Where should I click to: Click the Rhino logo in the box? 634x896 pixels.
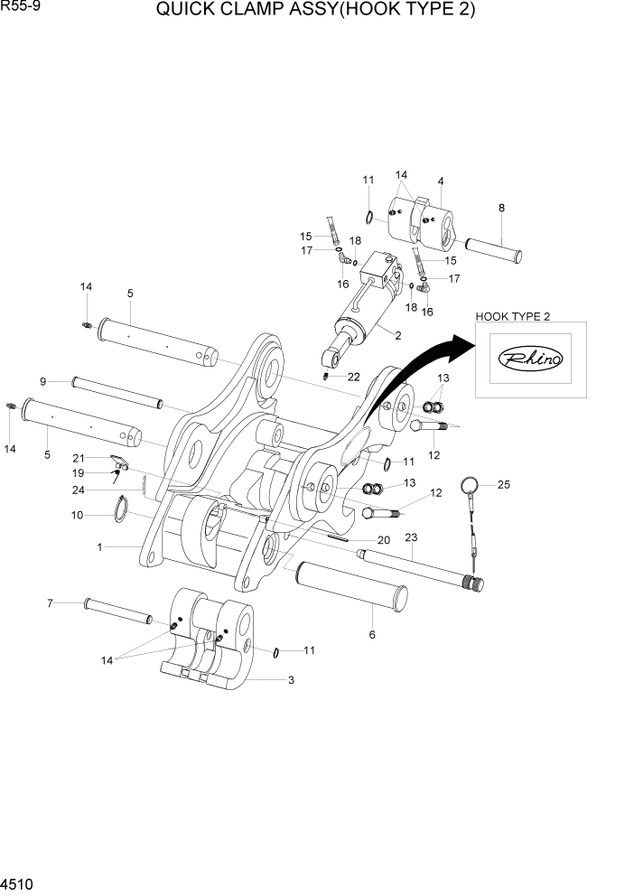[x=530, y=359]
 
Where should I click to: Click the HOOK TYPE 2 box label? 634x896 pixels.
[x=512, y=315]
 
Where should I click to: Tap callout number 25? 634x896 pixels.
[x=504, y=485]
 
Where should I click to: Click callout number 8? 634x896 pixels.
[x=501, y=208]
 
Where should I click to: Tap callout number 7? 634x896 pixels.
[x=51, y=602]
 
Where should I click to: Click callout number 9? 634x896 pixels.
[x=42, y=380]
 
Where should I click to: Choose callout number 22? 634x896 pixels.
[x=353, y=376]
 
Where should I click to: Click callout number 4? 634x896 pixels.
[x=441, y=181]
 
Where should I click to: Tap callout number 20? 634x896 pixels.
[x=383, y=540]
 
